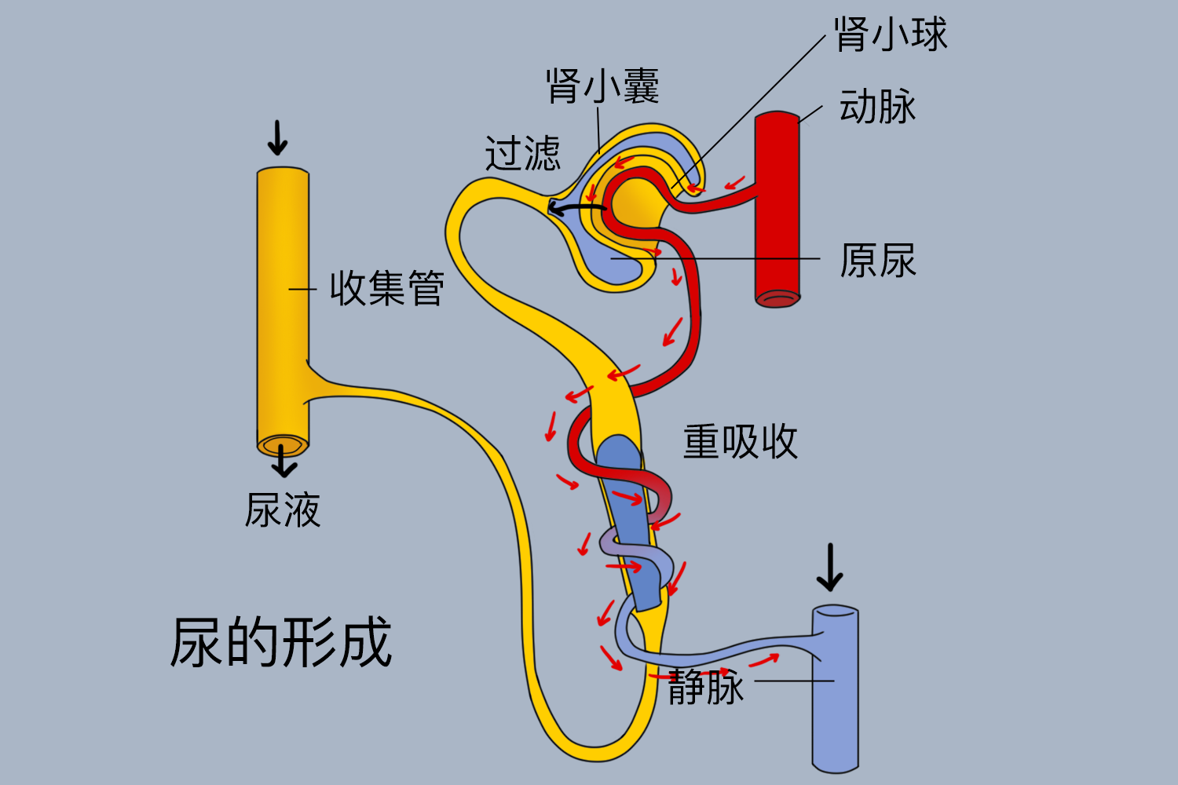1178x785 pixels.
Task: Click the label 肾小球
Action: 891,35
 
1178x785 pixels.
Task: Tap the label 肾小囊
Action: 602,86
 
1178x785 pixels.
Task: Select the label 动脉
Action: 877,107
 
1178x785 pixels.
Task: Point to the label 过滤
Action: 522,153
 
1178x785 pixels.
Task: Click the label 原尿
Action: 877,261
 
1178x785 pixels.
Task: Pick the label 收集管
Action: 386,288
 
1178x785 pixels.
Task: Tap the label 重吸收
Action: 740,442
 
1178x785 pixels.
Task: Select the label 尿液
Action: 283,511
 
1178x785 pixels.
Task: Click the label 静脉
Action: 705,688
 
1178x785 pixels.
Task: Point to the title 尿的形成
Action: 281,642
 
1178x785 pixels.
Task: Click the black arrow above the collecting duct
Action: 277,138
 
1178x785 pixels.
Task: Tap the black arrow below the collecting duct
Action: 284,465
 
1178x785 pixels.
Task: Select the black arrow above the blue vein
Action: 829,567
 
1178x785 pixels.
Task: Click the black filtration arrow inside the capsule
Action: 577,208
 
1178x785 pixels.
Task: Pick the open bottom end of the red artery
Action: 777,298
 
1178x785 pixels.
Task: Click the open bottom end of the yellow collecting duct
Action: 283,447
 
